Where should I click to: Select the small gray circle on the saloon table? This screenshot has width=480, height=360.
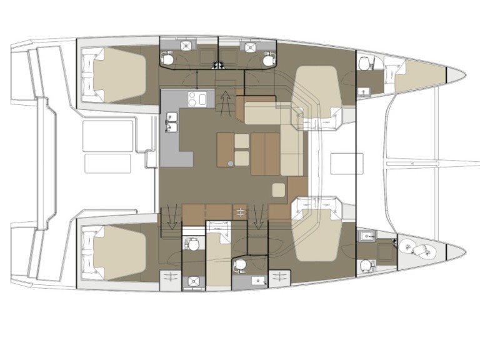click(231, 163)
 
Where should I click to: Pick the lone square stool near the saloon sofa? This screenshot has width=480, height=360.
click(278, 188)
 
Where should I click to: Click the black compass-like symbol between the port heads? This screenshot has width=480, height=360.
click(217, 64)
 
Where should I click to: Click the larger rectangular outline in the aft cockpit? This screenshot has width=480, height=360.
click(108, 134)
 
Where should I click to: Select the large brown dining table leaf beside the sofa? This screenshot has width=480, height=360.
click(265, 153)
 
